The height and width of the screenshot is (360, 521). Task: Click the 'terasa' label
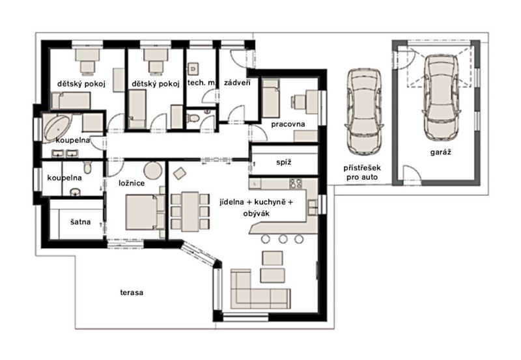coord(132,292)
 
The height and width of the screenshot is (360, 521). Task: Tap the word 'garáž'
coord(441,152)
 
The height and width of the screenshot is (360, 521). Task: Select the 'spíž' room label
coord(284,162)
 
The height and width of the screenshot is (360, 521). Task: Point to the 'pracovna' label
coord(288,124)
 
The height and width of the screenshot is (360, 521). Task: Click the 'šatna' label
coord(80,221)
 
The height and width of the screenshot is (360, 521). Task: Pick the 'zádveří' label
coord(237,83)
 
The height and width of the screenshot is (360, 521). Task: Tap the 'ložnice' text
coord(132,183)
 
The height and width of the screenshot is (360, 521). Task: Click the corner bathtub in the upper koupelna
coord(57,128)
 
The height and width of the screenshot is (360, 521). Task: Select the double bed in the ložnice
coord(145,212)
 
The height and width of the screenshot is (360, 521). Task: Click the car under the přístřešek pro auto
coord(364,111)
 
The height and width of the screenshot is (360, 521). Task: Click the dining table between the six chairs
coord(190,212)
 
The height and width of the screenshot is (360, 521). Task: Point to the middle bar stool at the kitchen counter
coord(283,239)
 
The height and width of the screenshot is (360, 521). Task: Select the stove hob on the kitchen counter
coord(295,184)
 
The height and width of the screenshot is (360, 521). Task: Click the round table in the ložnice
coord(153,170)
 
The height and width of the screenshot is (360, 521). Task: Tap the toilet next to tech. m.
coord(193,118)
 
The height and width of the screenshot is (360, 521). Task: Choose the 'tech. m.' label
coord(201,83)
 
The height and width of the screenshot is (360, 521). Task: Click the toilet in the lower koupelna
coord(87,167)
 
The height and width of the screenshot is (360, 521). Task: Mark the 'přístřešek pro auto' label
coord(362,173)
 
